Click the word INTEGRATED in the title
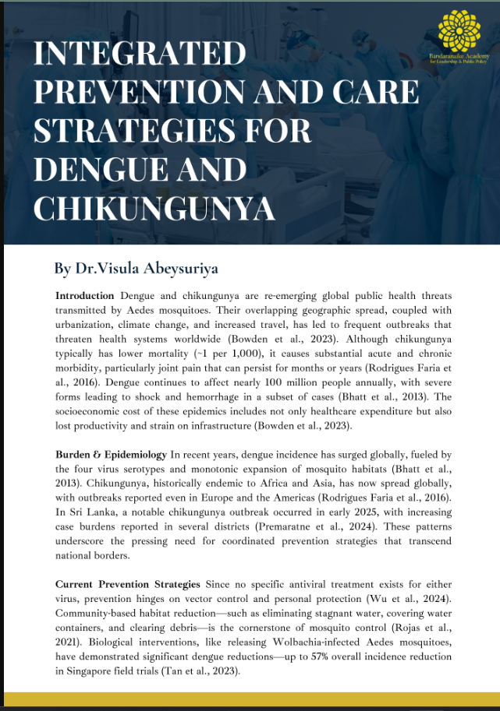[x=140, y=55]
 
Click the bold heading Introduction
[x=86, y=297]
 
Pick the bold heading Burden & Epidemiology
[x=111, y=453]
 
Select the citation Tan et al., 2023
[x=204, y=671]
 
